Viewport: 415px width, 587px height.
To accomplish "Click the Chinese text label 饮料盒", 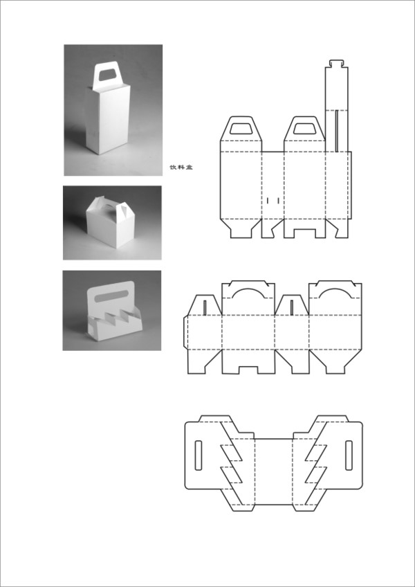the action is [x=181, y=168].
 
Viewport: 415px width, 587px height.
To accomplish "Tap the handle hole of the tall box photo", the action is [x=108, y=75].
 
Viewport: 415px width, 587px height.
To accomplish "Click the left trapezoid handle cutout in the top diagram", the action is [x=241, y=128].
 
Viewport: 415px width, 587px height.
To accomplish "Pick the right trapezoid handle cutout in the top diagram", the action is [x=304, y=128].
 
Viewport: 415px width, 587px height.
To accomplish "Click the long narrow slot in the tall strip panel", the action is [x=337, y=131].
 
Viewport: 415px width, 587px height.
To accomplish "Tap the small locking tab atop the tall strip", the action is [x=337, y=63].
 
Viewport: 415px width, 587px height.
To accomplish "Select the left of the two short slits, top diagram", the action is [x=268, y=201].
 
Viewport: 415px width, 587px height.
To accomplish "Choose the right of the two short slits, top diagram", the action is [x=279, y=201].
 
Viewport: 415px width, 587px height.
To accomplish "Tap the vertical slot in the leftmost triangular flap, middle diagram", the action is [x=205, y=307].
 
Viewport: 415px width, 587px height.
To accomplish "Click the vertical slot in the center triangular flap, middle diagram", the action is [x=292, y=307].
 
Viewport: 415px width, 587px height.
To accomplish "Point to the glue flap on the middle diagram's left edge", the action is [x=185, y=332].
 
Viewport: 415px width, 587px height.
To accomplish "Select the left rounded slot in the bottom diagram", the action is [x=199, y=455].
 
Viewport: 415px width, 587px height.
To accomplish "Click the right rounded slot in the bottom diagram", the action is [x=349, y=455].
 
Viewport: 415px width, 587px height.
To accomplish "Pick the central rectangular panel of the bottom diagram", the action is [x=273, y=471].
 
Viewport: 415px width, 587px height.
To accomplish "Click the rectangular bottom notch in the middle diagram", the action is [x=248, y=370].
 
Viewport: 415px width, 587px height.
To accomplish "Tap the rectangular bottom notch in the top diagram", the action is [x=304, y=233].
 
